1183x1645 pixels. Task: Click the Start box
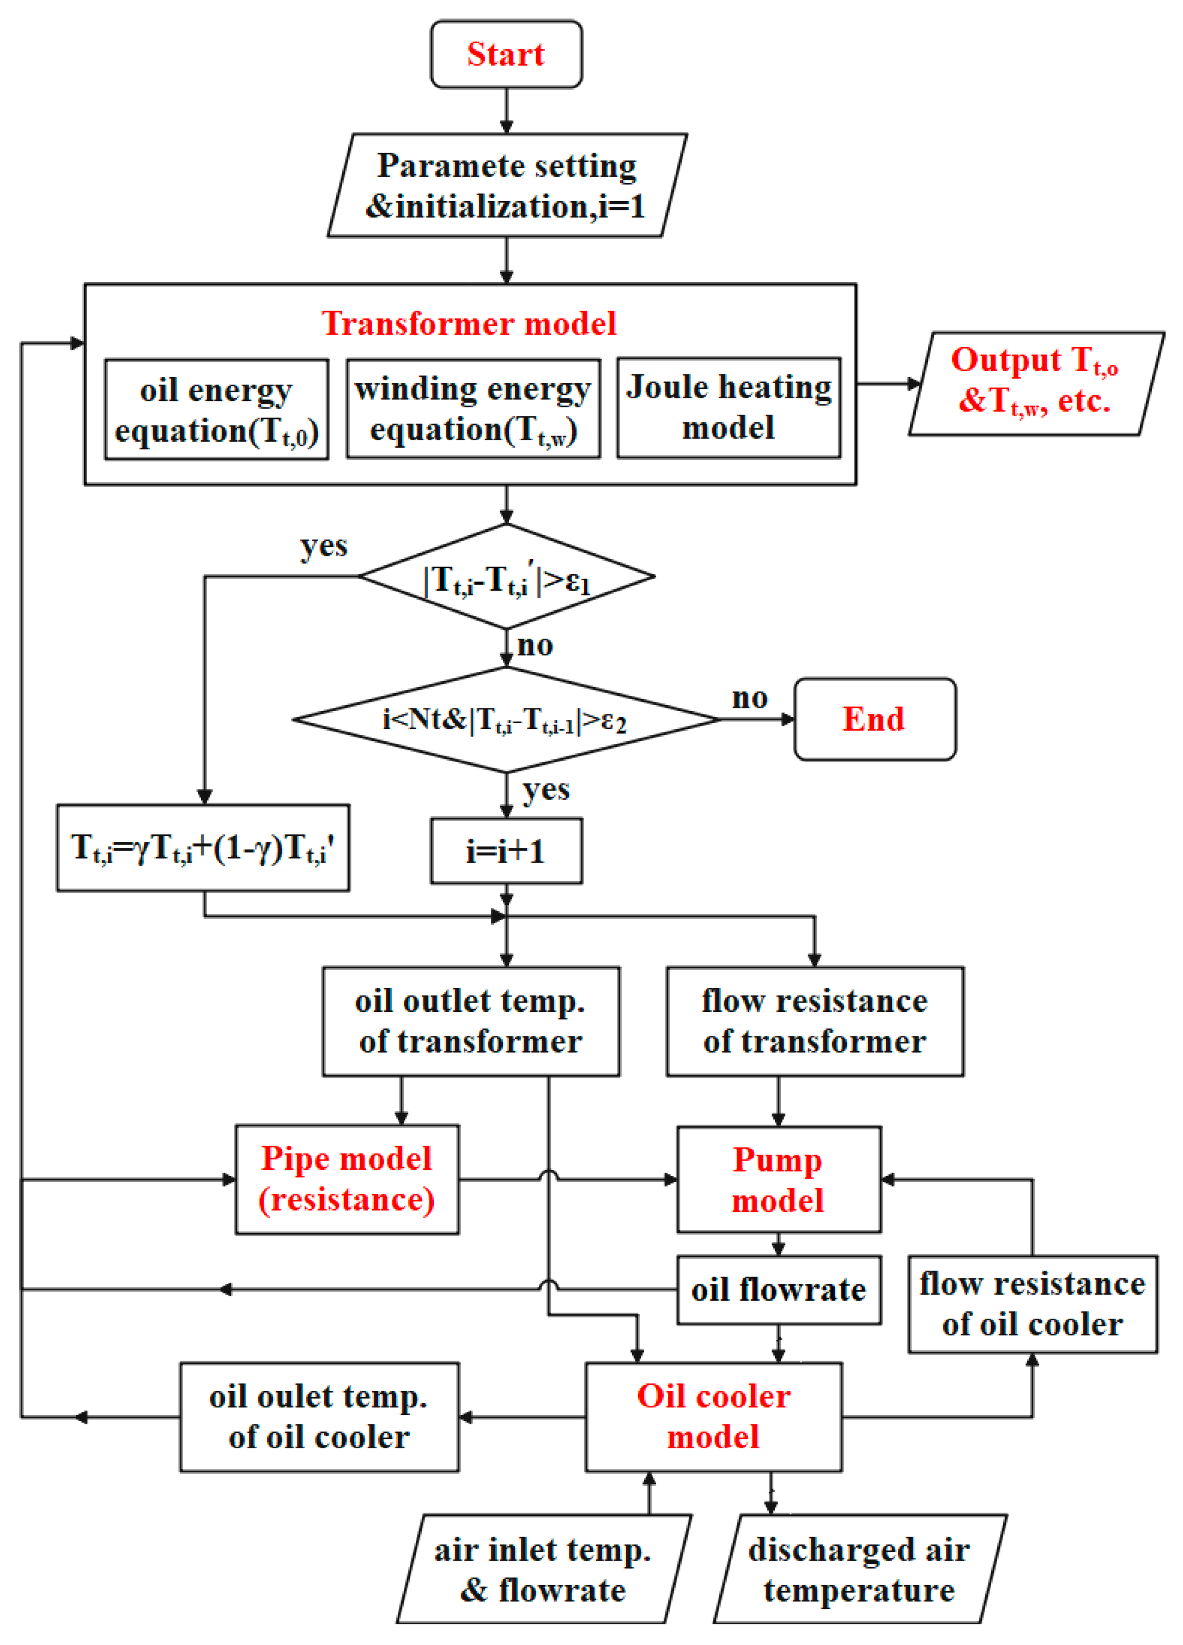pos(506,54)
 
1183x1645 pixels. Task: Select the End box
pos(874,719)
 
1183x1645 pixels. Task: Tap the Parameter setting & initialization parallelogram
pos(506,186)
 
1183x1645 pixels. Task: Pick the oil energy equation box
pos(216,410)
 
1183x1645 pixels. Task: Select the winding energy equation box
pos(473,409)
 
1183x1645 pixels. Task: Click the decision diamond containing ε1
pos(506,576)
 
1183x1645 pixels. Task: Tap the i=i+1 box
pos(506,851)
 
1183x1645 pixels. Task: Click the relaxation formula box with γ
pos(203,847)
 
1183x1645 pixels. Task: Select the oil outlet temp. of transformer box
pos(471,1021)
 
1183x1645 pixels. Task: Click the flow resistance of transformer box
pos(815,1021)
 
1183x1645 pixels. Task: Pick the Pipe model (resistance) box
pos(347,1179)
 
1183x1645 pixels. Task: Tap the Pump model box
pos(778,1179)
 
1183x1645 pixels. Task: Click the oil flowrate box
pos(778,1290)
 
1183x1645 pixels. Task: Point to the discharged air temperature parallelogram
pos(859,1570)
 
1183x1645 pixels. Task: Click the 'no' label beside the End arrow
pos(749,698)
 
